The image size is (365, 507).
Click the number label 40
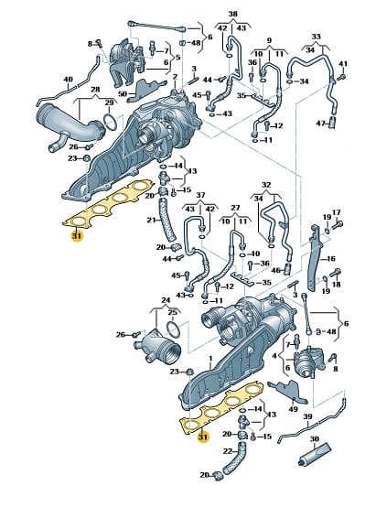(69, 80)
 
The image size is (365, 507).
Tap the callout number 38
(232, 14)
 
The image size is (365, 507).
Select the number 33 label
(317, 37)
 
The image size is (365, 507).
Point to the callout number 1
(210, 359)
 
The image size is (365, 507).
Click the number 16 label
(331, 259)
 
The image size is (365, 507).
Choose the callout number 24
(166, 300)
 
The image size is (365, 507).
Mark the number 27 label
(235, 208)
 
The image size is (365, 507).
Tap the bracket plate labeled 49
(289, 391)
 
